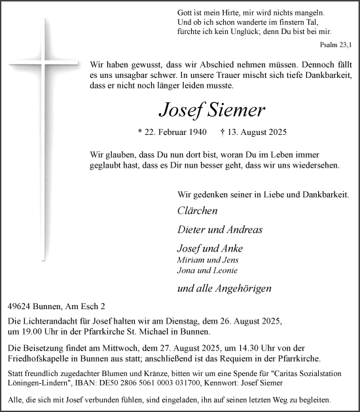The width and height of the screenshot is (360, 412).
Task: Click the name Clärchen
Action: (197, 211)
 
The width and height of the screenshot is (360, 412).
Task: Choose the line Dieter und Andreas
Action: (219, 229)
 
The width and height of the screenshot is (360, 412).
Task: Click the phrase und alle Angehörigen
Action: (224, 288)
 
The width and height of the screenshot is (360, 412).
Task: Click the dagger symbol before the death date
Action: (242, 132)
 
